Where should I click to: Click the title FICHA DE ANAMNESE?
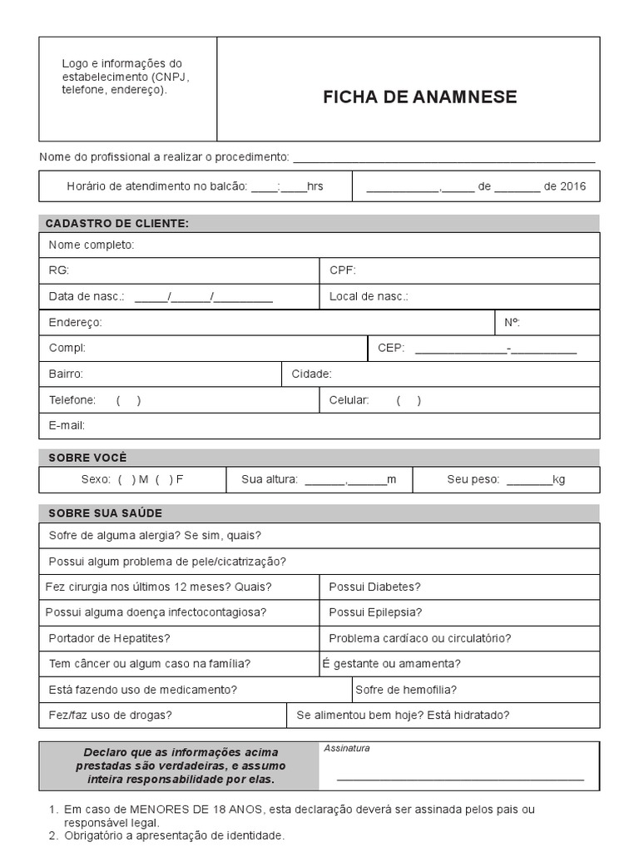tap(419, 97)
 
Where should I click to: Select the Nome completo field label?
tap(91, 245)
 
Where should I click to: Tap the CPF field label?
tap(342, 270)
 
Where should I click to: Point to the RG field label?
tap(58, 270)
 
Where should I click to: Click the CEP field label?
tap(390, 349)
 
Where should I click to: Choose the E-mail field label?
tap(67, 425)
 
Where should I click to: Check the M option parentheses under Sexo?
tap(126, 479)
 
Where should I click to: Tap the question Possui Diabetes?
tap(374, 587)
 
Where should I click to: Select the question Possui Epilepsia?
tap(375, 612)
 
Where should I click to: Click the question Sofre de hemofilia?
tap(406, 689)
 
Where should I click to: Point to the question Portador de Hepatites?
tap(109, 638)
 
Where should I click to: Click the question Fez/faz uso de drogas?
tap(110, 715)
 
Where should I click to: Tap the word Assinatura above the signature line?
tap(346, 748)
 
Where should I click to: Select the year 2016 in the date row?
tap(572, 186)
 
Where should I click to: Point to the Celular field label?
tap(349, 400)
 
